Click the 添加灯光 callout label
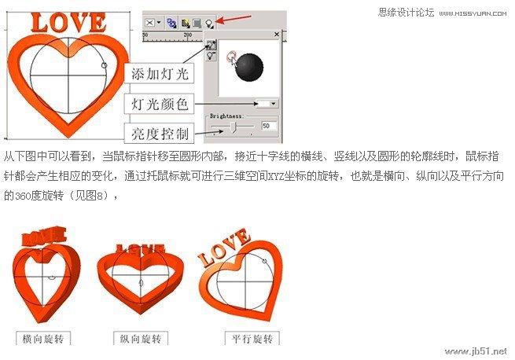point(160,73)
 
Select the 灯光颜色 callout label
point(160,104)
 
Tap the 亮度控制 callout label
point(160,134)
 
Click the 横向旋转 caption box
point(43,338)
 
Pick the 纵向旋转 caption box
point(141,338)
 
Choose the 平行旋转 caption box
point(252,338)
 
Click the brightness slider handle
point(234,127)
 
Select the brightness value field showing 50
point(269,126)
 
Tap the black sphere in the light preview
point(249,67)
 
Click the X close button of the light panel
point(277,34)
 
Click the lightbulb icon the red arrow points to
point(209,24)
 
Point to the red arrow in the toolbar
point(234,20)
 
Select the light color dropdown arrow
point(274,104)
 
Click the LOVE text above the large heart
point(68,22)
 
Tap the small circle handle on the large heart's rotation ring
point(104,65)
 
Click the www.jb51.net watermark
point(476,351)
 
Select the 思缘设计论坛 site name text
point(406,13)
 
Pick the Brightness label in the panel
point(226,116)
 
